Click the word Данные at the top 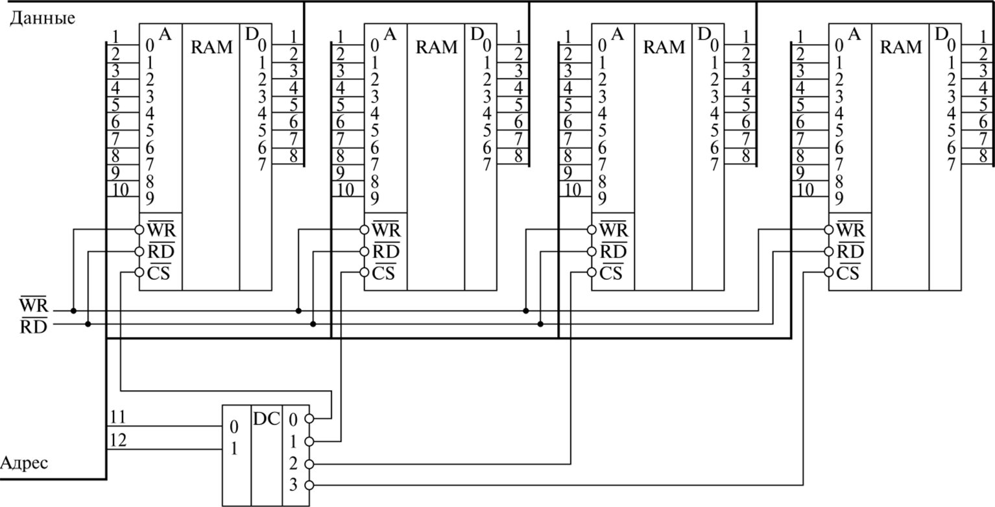[x=42, y=18]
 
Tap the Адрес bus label [x=25, y=464]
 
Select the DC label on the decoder [x=267, y=419]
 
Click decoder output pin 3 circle [x=309, y=486]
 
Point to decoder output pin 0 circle [x=309, y=419]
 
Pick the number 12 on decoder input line [x=119, y=439]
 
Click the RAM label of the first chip [x=211, y=47]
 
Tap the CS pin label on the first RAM [x=158, y=273]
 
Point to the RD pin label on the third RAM [x=612, y=251]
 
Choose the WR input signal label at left [x=32, y=305]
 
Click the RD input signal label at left [x=32, y=327]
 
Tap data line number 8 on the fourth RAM [x=983, y=156]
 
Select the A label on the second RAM [x=390, y=34]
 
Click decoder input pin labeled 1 [x=234, y=449]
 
